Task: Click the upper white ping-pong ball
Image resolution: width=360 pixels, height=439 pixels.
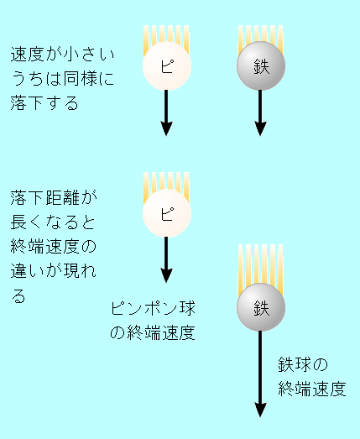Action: pos(167,65)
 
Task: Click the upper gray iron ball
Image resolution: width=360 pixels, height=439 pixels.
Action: pos(261,65)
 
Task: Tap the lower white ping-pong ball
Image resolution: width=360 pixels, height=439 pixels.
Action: pos(167,212)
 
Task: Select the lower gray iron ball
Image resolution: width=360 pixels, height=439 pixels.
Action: pos(261,307)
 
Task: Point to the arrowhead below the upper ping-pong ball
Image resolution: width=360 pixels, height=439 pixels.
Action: pos(166,128)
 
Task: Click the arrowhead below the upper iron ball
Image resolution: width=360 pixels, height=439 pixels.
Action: pos(260,128)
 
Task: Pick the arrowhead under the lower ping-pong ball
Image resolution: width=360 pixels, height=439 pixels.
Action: pos(166,275)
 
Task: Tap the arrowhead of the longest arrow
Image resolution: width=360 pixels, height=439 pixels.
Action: pos(260,410)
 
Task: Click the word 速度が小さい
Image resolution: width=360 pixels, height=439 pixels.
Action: pos(63,54)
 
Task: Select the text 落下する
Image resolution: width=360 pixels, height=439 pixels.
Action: pos(44,102)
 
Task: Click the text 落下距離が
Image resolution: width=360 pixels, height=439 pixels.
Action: pos(54,197)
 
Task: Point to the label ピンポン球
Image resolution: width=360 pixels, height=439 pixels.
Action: pos(153,308)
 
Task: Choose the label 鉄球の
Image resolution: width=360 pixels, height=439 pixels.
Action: pos(303,364)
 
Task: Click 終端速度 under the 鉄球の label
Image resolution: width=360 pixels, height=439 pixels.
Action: pos(312,389)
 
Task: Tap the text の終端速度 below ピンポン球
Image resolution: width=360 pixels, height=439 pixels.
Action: pos(153,332)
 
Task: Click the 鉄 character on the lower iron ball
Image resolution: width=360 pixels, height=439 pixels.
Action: pos(262,308)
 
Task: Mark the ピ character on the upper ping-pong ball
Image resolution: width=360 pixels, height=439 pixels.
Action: pos(167,66)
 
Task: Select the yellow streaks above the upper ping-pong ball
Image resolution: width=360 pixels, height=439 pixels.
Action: pos(166,40)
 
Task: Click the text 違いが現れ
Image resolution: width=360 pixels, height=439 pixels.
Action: pos(54,270)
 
